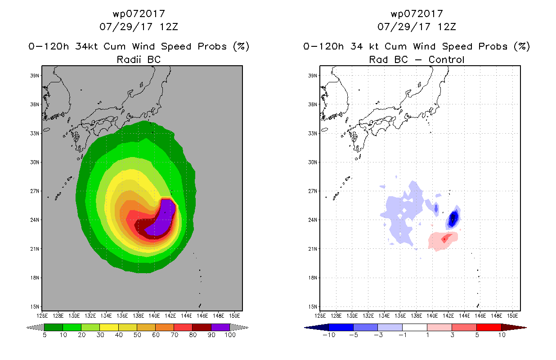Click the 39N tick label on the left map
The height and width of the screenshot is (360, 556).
tap(35, 76)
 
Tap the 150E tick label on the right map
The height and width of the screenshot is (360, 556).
tap(512, 316)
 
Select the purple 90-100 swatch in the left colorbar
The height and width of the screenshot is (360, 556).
tap(220, 327)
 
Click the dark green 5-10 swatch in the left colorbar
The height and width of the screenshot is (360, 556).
tap(54, 327)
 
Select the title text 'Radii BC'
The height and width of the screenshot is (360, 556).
tap(139, 59)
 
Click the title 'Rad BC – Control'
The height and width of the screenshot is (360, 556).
tap(417, 59)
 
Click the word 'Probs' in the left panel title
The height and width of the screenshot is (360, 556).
tap(212, 46)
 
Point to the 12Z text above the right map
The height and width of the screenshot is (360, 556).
tap(447, 27)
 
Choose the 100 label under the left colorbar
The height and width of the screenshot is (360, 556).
tap(230, 335)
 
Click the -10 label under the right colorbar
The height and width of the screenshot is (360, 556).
tap(329, 335)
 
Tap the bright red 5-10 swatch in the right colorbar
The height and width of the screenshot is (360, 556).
tap(489, 327)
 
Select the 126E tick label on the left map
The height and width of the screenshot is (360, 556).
tap(42, 316)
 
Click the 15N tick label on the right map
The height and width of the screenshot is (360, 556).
tap(313, 306)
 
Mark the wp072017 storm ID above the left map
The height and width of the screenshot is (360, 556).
tap(139, 13)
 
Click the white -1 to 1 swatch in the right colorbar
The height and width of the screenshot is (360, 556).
tap(415, 327)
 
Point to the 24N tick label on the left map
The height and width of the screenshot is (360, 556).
tap(35, 220)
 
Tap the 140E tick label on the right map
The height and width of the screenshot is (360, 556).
tap(432, 316)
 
